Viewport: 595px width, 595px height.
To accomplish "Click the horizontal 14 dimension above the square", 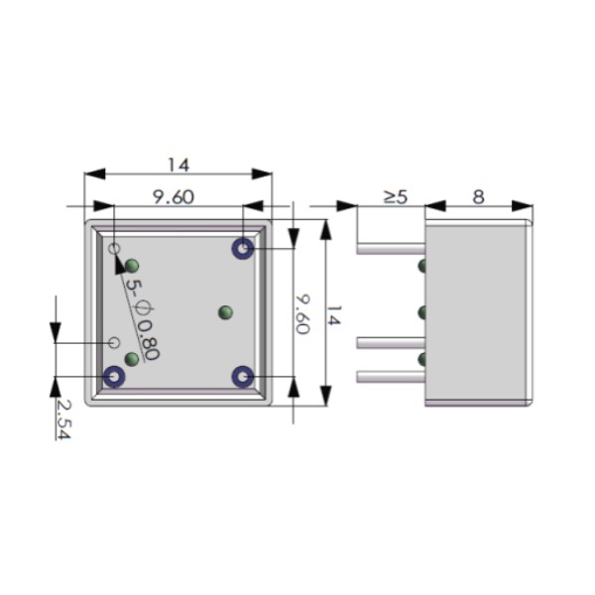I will [x=178, y=165].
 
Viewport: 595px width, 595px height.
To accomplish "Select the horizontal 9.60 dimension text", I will [x=173, y=196].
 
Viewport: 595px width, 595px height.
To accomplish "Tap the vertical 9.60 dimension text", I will [x=301, y=313].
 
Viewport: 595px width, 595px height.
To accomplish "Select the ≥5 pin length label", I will [x=395, y=196].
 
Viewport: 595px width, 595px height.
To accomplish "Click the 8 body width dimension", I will [x=478, y=196].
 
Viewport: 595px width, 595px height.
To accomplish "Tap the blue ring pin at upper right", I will [x=242, y=248].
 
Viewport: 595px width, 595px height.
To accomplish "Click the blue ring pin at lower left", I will [x=115, y=377].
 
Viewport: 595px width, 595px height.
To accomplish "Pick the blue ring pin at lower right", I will [x=242, y=377].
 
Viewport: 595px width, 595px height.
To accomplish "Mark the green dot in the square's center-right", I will [x=225, y=312].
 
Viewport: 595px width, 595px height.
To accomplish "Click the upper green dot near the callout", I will [x=132, y=265].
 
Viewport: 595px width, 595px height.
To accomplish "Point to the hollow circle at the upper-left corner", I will [x=114, y=248].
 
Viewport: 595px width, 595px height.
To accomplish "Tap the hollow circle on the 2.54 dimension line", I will [x=114, y=342].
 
